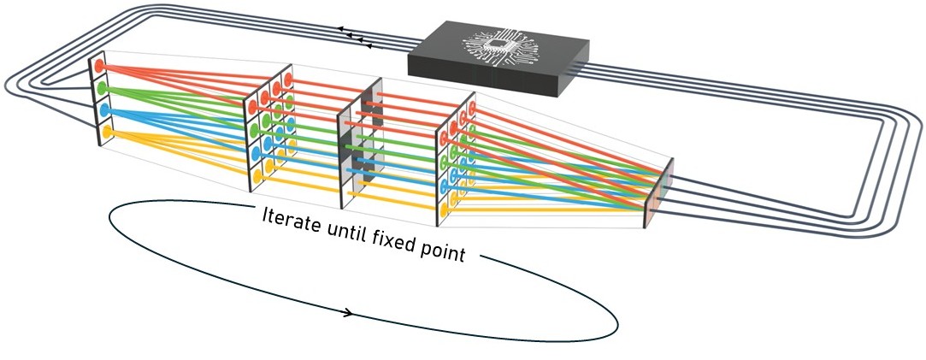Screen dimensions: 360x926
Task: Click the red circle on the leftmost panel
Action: click(x=100, y=65)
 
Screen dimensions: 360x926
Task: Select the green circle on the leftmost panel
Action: click(x=102, y=88)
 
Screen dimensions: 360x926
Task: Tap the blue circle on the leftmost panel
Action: click(x=104, y=110)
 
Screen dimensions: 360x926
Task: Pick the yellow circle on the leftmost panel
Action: click(x=107, y=133)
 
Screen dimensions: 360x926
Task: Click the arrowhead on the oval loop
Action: click(x=350, y=313)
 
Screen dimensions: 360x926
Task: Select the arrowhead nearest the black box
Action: click(x=369, y=40)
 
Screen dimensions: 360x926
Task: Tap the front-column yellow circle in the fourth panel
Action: click(x=445, y=205)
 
